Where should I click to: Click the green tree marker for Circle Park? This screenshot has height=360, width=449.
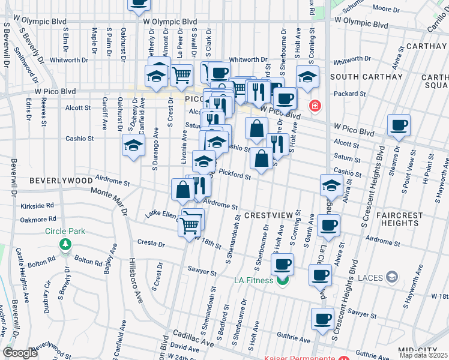[65, 244]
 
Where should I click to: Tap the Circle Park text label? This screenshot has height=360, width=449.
[65, 231]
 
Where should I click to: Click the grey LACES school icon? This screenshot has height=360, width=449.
[392, 276]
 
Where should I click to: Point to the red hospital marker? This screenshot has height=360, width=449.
[313, 107]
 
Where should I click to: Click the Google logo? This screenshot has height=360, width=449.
[20, 353]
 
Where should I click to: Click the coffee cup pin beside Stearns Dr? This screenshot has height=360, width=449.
[399, 125]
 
